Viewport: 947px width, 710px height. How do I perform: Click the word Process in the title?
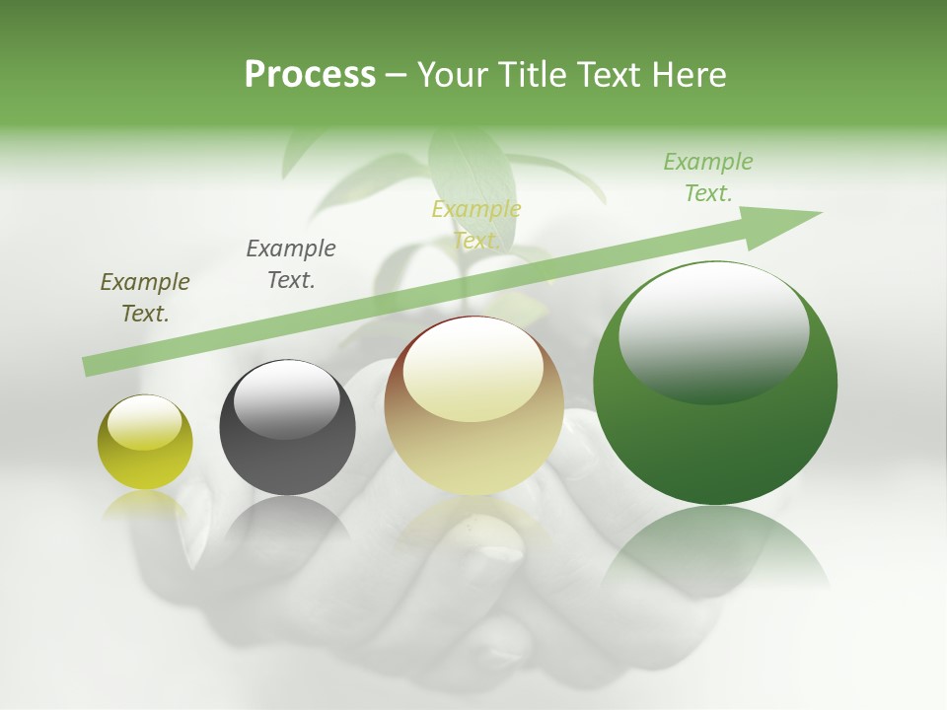(310, 74)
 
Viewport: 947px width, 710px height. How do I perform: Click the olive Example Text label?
(145, 297)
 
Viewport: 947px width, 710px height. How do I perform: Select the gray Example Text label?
(291, 263)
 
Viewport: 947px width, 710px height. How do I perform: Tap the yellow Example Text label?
(476, 224)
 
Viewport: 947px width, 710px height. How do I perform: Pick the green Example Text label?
(707, 177)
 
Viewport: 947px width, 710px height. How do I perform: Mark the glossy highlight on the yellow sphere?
(145, 422)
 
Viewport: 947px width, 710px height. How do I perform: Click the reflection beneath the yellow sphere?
(145, 505)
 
